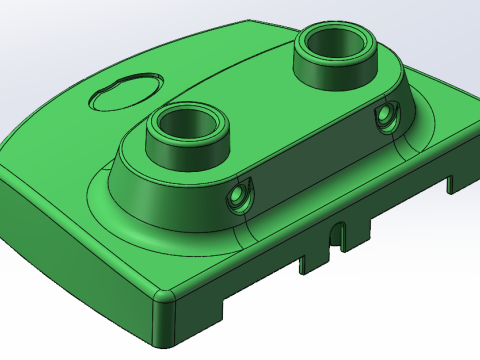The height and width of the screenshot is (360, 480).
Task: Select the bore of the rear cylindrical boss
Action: (x=335, y=46)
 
